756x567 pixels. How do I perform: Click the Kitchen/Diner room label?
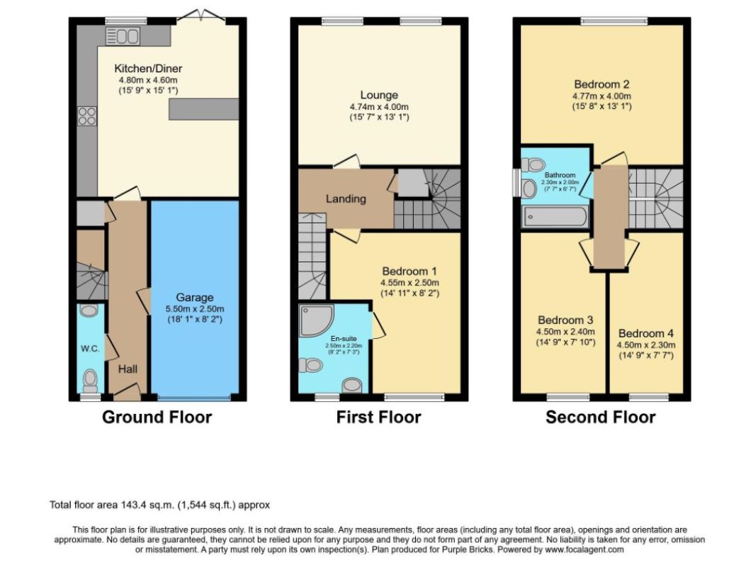[x=148, y=69]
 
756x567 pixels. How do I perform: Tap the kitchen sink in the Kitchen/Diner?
[x=123, y=36]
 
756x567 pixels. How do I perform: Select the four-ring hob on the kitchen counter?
[x=86, y=116]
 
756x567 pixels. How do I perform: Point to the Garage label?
[x=194, y=298]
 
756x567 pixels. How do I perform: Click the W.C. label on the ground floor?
[x=90, y=349]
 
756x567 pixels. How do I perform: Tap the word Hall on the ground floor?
[x=128, y=369]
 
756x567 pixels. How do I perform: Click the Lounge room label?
[x=379, y=95]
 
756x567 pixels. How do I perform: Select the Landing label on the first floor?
[x=346, y=198]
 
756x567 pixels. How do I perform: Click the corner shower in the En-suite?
[x=316, y=320]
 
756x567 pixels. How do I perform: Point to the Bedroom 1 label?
[x=410, y=271]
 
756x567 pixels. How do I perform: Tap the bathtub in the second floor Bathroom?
[x=555, y=217]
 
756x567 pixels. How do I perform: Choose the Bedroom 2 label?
[x=602, y=84]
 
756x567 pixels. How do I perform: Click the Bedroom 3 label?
[x=565, y=320]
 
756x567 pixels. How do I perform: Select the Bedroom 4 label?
[x=646, y=333]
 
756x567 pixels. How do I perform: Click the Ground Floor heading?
[x=157, y=417]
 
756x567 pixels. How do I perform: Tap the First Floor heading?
[x=378, y=417]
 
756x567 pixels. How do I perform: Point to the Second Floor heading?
[x=601, y=417]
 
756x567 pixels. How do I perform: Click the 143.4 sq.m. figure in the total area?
[x=148, y=505]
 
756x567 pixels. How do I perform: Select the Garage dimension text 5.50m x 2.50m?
[x=195, y=309]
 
